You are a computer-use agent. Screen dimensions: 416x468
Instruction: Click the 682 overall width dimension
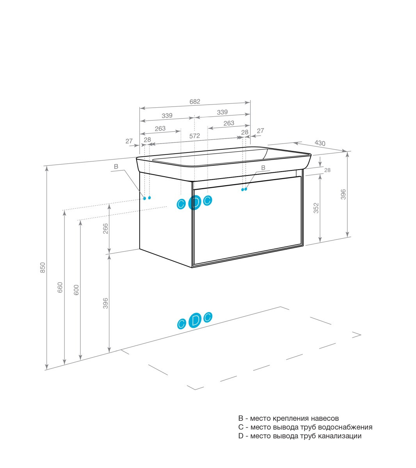[x=195, y=102]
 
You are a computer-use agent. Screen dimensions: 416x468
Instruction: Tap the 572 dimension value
[x=194, y=136]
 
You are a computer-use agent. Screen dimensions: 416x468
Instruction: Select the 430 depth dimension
[x=320, y=143]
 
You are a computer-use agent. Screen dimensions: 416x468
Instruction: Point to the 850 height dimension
[x=43, y=268]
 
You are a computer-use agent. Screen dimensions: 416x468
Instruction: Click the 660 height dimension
[x=60, y=287]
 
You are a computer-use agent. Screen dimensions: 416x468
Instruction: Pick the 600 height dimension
[x=76, y=290]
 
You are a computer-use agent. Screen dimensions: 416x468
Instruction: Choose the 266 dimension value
[x=105, y=229]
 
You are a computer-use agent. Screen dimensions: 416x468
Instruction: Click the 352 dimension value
[x=316, y=208]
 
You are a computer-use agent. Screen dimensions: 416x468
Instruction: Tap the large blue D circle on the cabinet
[x=194, y=202]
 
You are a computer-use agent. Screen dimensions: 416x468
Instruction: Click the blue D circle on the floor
[x=195, y=321]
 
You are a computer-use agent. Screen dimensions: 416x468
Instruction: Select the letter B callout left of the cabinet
[x=116, y=167]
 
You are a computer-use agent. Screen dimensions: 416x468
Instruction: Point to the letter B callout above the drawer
[x=263, y=168]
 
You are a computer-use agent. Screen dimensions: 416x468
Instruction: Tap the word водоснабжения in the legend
[x=345, y=427]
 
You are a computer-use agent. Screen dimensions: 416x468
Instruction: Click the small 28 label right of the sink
[x=327, y=170]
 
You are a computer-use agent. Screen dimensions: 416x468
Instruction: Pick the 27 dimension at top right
[x=260, y=131]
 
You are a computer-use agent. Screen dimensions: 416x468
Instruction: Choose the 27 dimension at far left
[x=129, y=141]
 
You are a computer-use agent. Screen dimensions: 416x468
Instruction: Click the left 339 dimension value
[x=167, y=115]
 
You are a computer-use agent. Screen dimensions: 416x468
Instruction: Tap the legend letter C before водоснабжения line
[x=241, y=427]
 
